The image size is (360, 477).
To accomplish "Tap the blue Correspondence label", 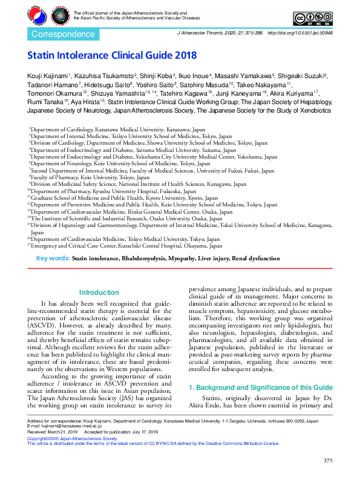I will tap(58, 35).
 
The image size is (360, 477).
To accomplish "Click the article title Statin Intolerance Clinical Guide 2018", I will tap(112, 56).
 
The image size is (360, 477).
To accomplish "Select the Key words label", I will tap(53, 258).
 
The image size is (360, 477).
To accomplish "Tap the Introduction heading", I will tap(99, 292).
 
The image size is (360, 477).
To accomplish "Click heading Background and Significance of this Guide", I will tap(260, 387).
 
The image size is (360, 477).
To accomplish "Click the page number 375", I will tap(328, 461).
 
